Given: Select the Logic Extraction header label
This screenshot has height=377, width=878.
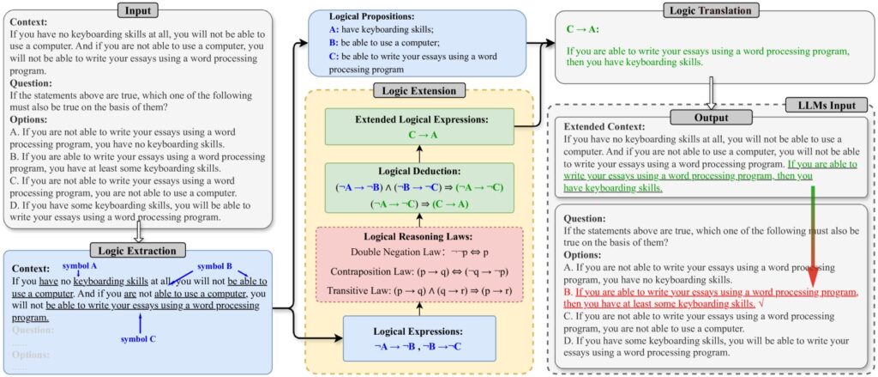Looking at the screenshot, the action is point(138,251).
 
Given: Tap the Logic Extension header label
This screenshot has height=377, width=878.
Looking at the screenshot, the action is point(418,90).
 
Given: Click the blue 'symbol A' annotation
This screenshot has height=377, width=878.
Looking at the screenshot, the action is point(80,265).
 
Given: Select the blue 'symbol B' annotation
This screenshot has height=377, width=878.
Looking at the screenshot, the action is point(214,266).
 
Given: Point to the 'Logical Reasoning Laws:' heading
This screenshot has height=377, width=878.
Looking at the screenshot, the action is point(418,235).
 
